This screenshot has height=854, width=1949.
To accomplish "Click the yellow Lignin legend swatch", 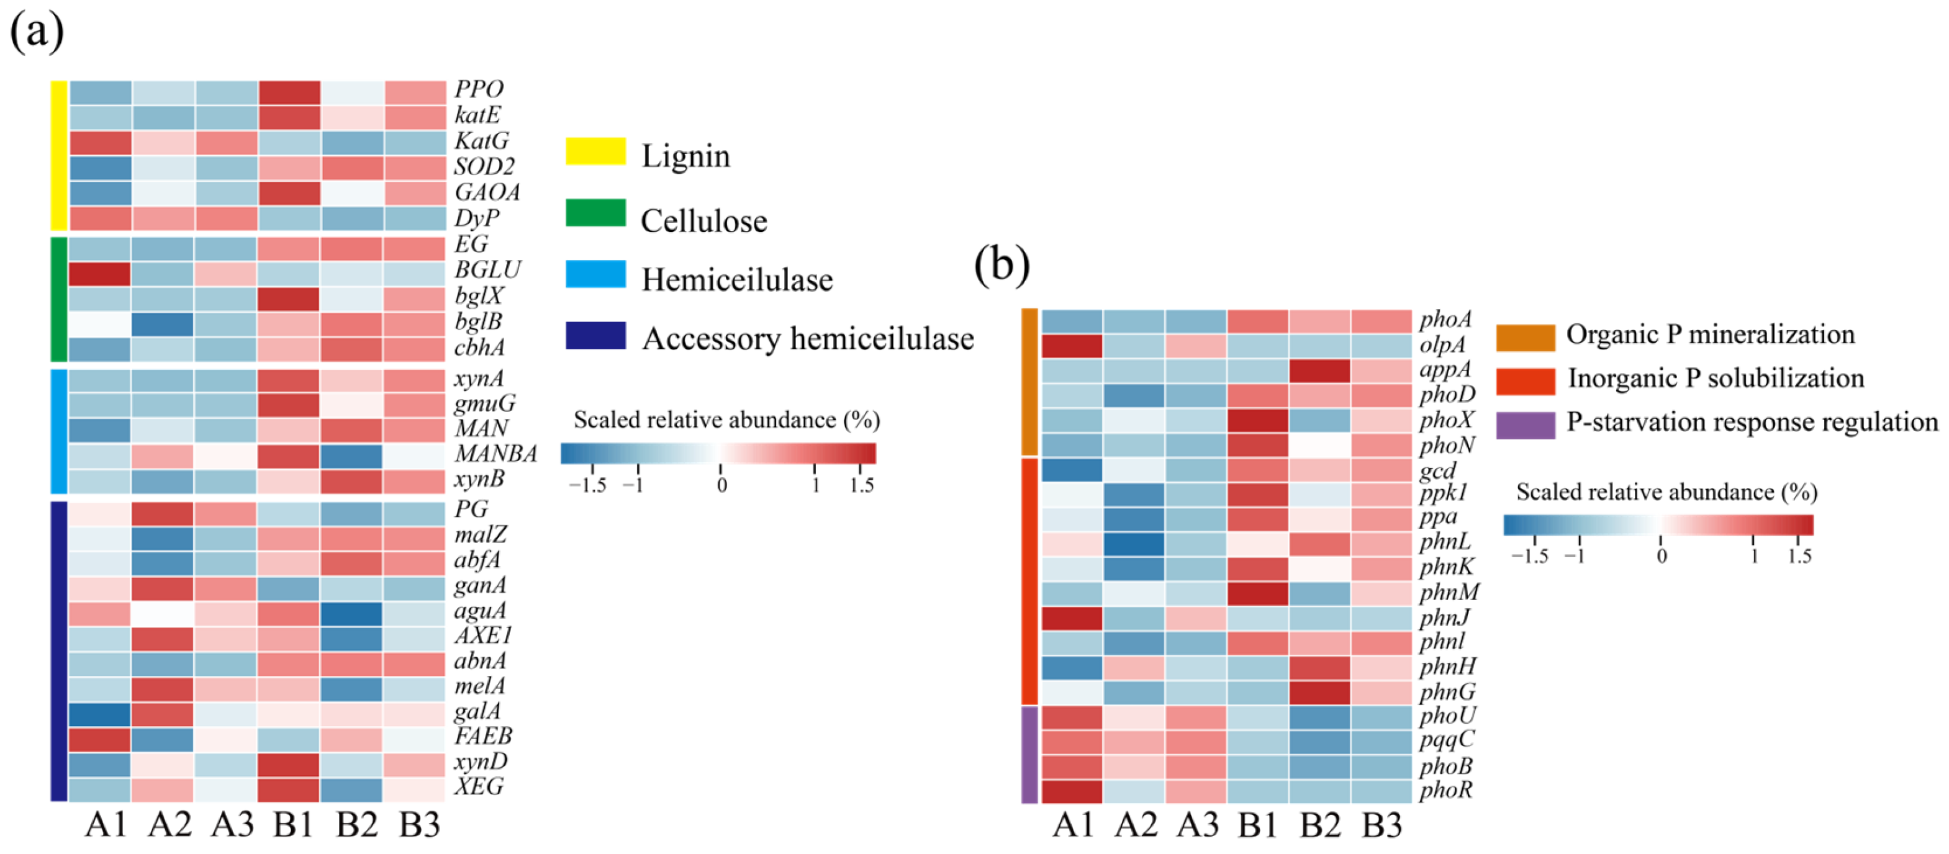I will point(595,151).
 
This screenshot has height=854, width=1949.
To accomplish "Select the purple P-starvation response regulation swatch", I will point(1526,425).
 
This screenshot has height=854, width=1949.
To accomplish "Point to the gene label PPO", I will point(478,89).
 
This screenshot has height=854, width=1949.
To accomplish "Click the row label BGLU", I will point(487,270).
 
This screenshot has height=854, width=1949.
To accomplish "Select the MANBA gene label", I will point(495,454).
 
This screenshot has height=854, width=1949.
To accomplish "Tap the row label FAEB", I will point(482,736).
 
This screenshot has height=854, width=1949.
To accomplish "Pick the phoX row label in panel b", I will point(1447,420).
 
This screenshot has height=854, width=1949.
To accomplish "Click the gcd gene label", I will point(1437,470).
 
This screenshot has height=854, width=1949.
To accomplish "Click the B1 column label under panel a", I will point(294,824).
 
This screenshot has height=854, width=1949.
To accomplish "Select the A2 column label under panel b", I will point(1135,824).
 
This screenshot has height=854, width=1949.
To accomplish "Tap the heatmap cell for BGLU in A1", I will point(99,274).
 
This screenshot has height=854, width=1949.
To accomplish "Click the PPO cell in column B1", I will point(288,92).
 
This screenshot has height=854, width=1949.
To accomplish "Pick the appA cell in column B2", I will point(1319,371).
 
